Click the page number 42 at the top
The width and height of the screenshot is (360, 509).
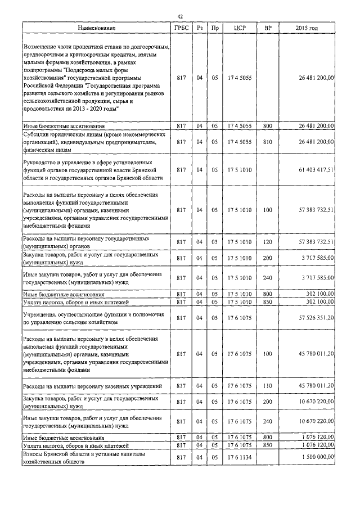pyautogui.click(x=180, y=16)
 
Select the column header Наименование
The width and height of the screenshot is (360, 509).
pyautogui.click(x=97, y=28)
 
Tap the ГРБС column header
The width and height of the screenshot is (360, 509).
pyautogui.click(x=181, y=28)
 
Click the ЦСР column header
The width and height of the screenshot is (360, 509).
pyautogui.click(x=239, y=28)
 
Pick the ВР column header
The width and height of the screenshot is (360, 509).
pyautogui.click(x=267, y=28)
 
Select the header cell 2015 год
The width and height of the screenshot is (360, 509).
pyautogui.click(x=309, y=28)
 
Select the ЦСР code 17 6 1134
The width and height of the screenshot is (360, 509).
pyautogui.click(x=239, y=458)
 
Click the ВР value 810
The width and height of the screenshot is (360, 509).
pyautogui.click(x=267, y=142)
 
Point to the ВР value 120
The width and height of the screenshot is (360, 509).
pyautogui.click(x=267, y=242)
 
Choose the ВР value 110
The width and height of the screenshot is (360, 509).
pyautogui.click(x=267, y=386)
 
